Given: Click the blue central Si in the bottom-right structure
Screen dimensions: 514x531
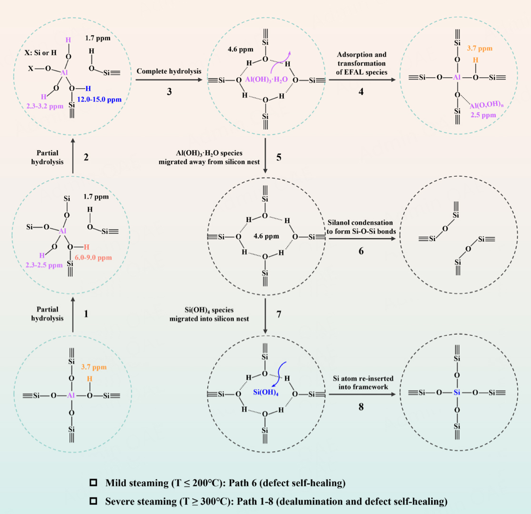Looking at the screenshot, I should tap(457, 393).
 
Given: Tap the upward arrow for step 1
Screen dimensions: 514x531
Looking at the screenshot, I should tap(72, 315).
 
